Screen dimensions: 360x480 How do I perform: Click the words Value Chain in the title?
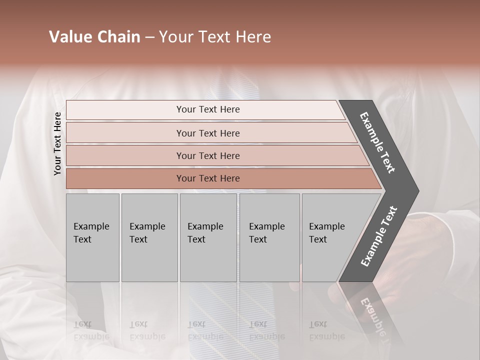click(94, 37)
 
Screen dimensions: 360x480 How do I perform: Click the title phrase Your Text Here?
click(215, 37)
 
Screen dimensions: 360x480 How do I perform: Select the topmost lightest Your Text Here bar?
click(205, 109)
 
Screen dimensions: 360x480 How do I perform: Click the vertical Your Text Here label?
click(57, 143)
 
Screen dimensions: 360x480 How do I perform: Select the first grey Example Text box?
click(92, 237)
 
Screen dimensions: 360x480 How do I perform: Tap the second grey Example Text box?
click(149, 237)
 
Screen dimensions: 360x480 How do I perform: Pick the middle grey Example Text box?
click(208, 237)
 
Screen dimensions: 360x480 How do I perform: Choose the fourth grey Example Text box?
click(269, 237)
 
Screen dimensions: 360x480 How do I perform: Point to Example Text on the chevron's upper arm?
click(377, 142)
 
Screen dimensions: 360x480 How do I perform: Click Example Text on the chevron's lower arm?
click(378, 236)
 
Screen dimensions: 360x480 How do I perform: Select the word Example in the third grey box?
click(205, 226)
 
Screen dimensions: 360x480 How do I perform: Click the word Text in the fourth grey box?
click(258, 239)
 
